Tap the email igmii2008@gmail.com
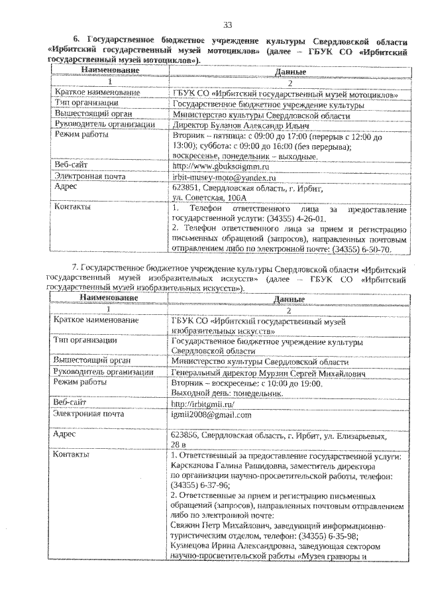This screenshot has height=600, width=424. coord(211,414)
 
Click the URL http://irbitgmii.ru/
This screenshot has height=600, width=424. coord(203,403)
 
